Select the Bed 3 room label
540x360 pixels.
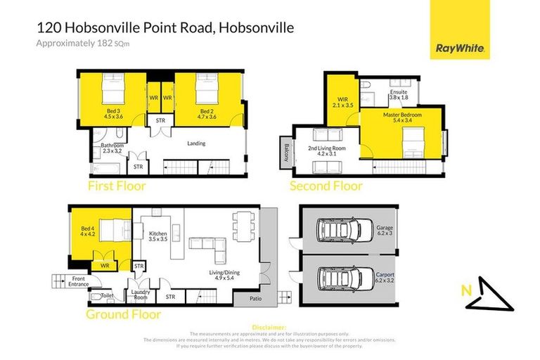pos(113,114)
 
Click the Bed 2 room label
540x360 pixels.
pos(207,114)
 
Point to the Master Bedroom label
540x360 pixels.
pos(402,117)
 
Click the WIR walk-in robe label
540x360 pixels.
pos(342,103)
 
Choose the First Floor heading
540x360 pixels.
pos(116,186)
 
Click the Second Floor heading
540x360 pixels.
pos(326,186)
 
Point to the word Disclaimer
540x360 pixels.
pos(269,328)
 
